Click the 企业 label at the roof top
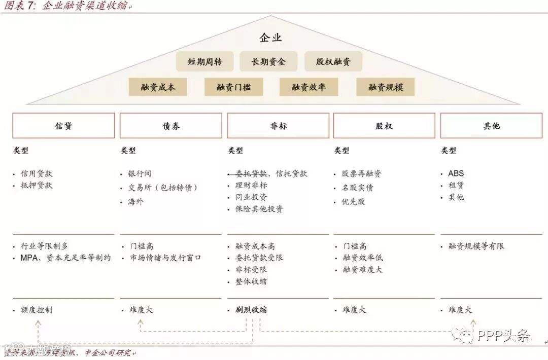click(x=270, y=38)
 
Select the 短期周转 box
click(x=204, y=62)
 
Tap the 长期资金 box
click(x=268, y=62)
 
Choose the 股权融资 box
click(x=333, y=62)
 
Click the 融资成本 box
click(x=158, y=87)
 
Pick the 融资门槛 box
click(x=233, y=87)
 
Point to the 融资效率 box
click(x=309, y=87)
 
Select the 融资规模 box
click(x=386, y=87)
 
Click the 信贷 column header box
click(x=63, y=126)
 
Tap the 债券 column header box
click(x=171, y=126)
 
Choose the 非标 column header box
click(x=278, y=126)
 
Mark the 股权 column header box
click(x=384, y=126)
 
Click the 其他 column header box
click(x=491, y=126)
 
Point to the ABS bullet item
click(x=456, y=173)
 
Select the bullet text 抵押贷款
click(x=37, y=185)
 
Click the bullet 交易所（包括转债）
click(x=162, y=188)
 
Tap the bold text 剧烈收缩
click(x=251, y=309)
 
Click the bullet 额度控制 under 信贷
click(x=37, y=309)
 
